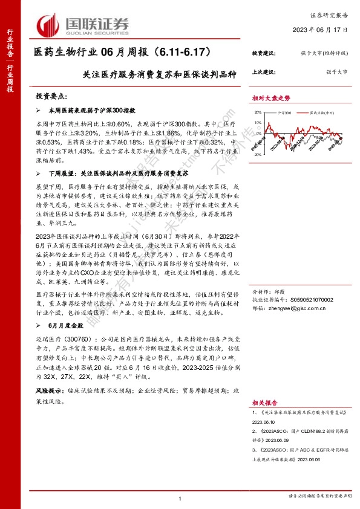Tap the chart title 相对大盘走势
(272, 98)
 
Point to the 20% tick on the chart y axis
(258, 112)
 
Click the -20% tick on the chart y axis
(257, 155)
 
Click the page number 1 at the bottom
(180, 498)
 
